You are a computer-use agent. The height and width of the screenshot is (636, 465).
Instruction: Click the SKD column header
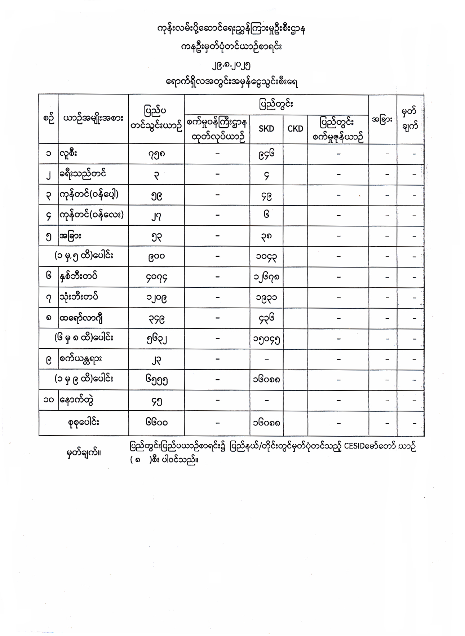[x=266, y=129]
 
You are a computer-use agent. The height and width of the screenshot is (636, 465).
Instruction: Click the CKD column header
[x=295, y=129]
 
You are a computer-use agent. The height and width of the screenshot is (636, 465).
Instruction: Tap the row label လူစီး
[x=69, y=154]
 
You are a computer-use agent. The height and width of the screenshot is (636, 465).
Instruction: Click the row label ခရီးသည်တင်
[x=83, y=174]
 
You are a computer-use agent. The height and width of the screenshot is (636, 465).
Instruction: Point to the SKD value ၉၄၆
[x=266, y=154]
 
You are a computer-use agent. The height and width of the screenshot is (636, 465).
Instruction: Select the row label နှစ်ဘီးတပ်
[x=79, y=277]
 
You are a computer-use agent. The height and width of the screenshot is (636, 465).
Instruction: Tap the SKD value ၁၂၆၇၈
[x=266, y=277]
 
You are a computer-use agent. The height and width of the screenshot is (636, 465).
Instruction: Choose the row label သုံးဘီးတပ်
[x=79, y=297]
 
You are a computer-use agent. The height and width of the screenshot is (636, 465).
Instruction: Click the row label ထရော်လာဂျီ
[x=81, y=318]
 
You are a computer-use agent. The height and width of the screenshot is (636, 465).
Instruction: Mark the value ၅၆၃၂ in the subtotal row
[x=156, y=339]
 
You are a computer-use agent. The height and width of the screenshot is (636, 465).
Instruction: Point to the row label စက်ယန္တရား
[x=81, y=359]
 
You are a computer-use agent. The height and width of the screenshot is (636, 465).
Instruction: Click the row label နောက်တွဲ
[x=75, y=400]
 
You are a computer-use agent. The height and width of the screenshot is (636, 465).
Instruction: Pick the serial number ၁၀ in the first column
[x=48, y=401]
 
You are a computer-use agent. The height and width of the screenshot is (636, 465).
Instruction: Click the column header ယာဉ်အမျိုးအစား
[x=93, y=118]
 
